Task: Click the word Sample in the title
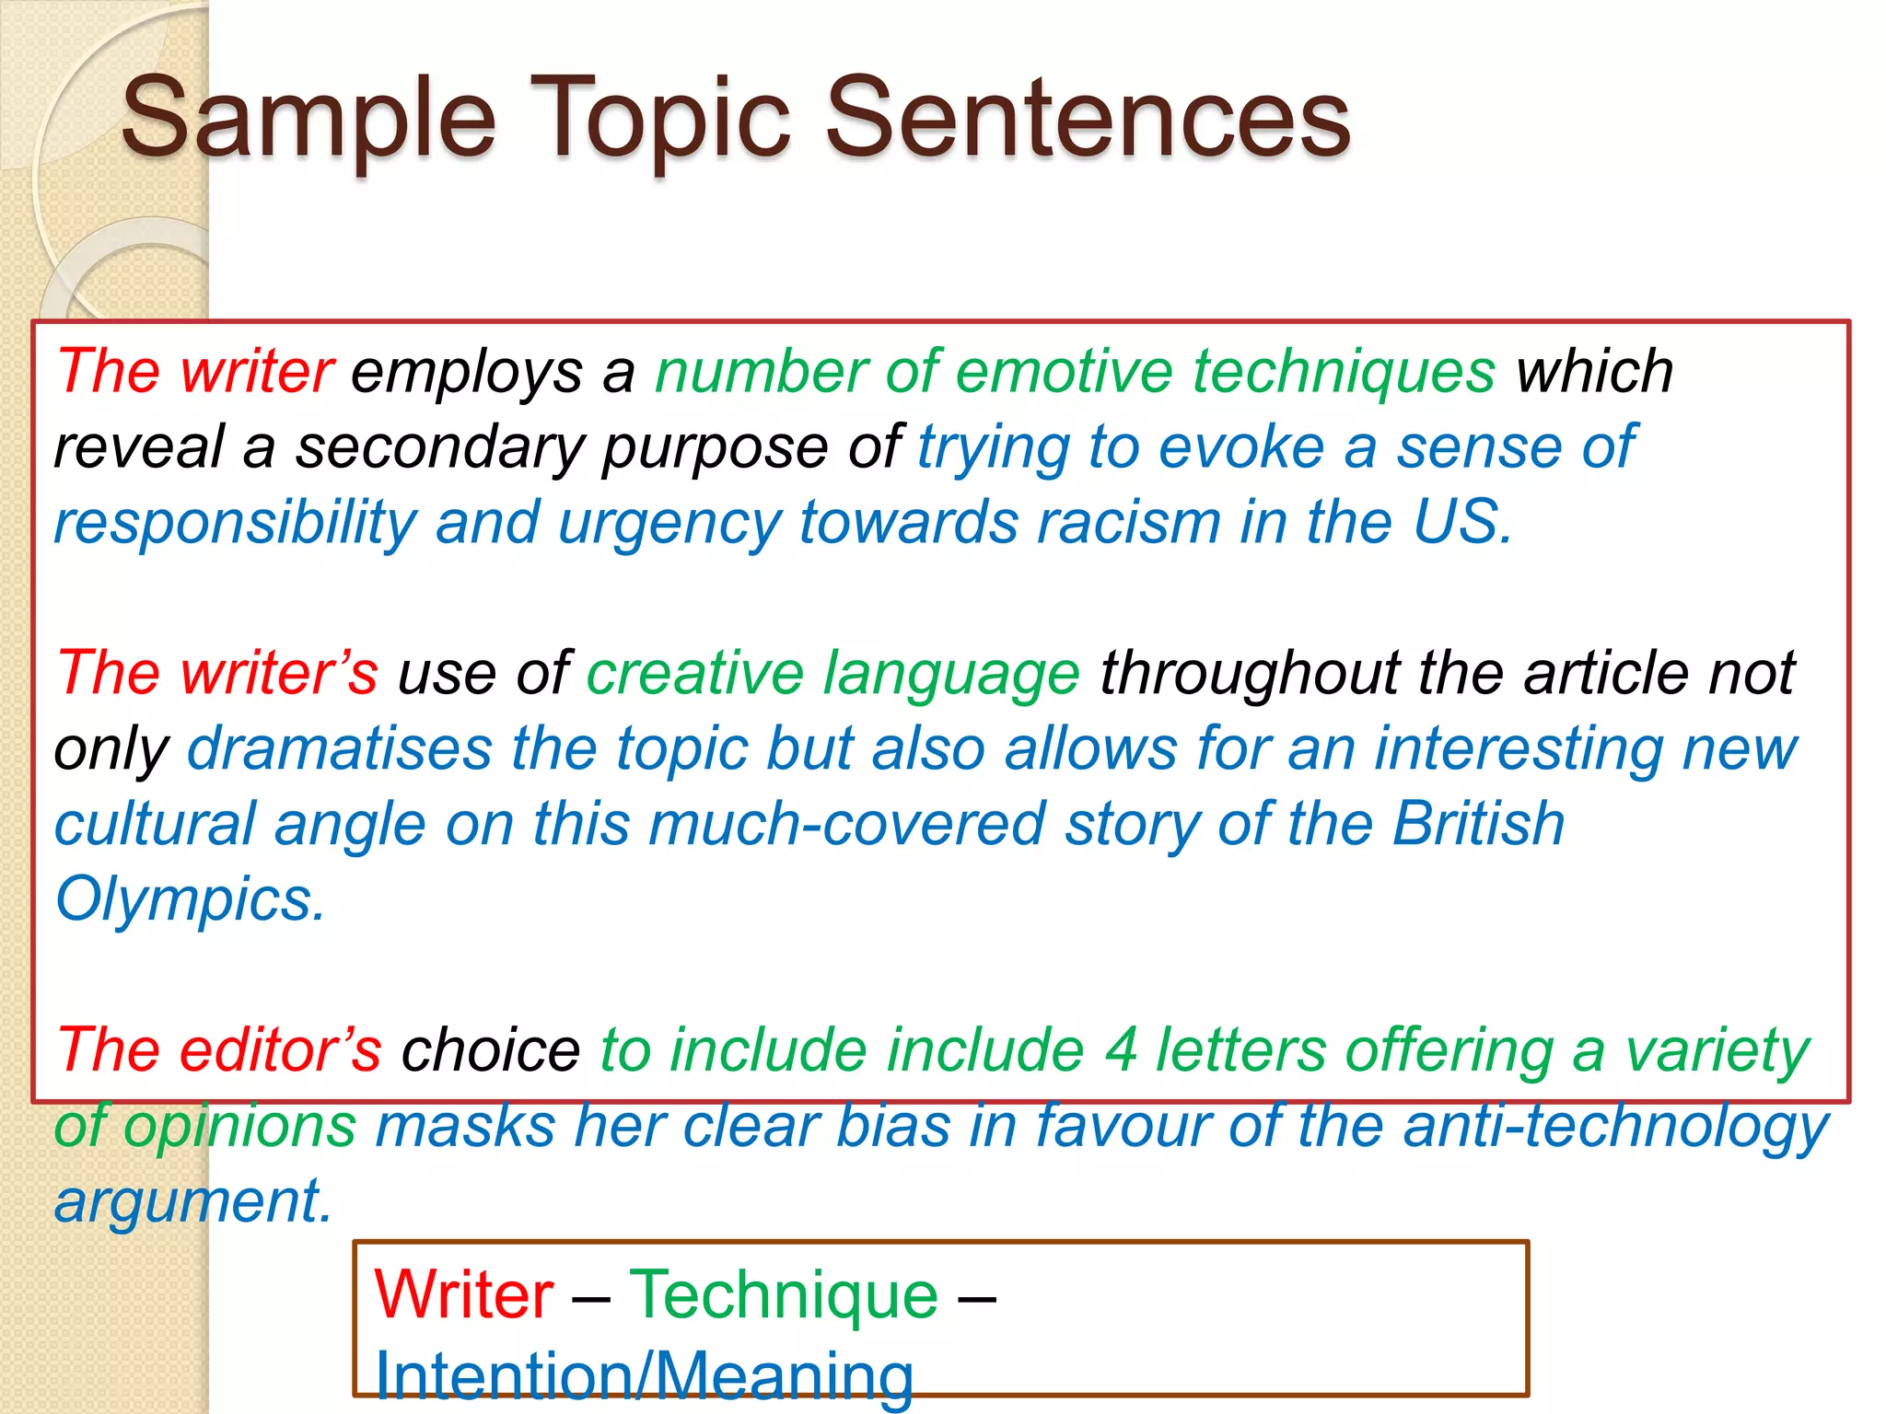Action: tap(309, 120)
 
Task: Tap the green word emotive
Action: tap(1064, 372)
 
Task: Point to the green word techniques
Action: tap(1345, 372)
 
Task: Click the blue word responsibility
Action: tap(235, 523)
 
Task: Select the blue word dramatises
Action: tap(340, 748)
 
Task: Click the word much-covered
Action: tap(847, 823)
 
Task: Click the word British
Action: tap(1477, 823)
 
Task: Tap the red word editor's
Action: tap(280, 1049)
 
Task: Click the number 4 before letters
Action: tap(1120, 1049)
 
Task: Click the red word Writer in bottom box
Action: tap(464, 1294)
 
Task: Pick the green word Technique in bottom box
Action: tap(784, 1294)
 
